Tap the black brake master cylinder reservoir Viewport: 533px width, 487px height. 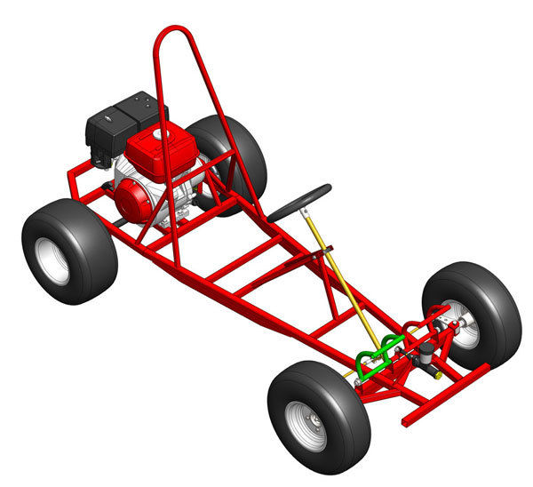pyautogui.click(x=429, y=350)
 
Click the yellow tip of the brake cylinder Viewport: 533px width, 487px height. pyautogui.click(x=438, y=376)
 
